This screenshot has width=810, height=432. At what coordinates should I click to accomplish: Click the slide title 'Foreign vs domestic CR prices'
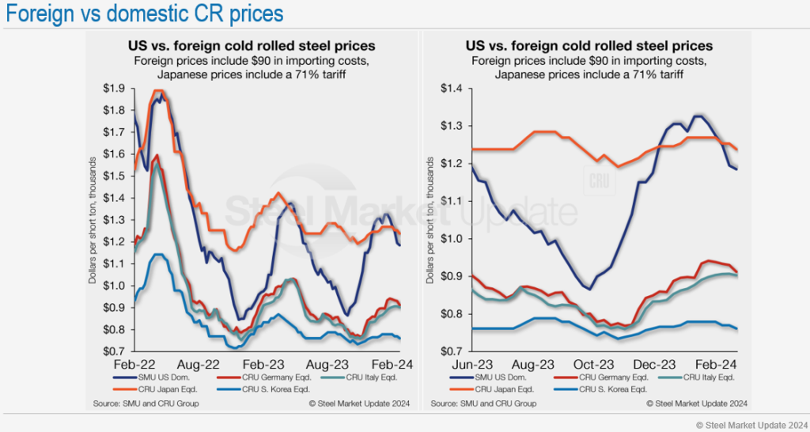click(142, 14)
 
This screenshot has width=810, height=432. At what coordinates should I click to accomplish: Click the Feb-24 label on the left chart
click(388, 366)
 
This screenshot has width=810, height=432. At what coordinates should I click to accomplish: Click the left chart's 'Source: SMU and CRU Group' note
click(146, 404)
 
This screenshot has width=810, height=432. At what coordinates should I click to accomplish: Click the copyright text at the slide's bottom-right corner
click(751, 425)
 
